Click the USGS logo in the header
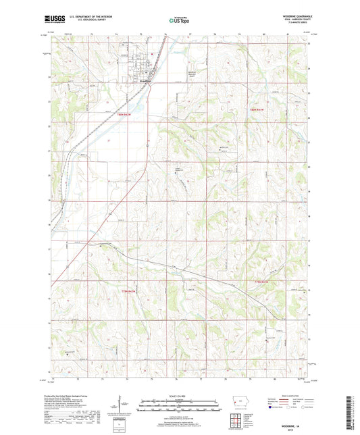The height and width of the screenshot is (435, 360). coord(54,20)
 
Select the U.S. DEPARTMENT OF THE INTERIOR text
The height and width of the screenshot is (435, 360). coord(93,18)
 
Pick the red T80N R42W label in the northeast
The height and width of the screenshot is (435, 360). coord(259,109)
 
